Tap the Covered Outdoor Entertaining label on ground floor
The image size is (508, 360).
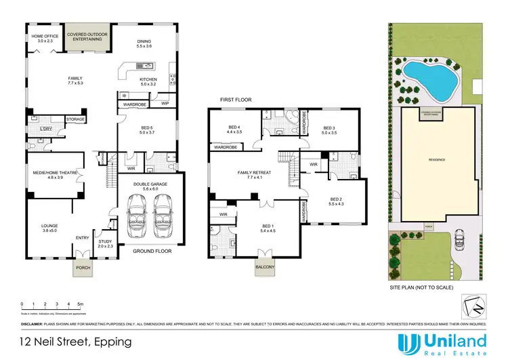[x=85, y=37]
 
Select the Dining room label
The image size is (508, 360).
[x=144, y=42]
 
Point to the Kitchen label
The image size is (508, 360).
[x=148, y=82]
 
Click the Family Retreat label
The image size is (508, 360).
[x=254, y=175]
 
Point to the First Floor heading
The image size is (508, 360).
[x=235, y=100]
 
